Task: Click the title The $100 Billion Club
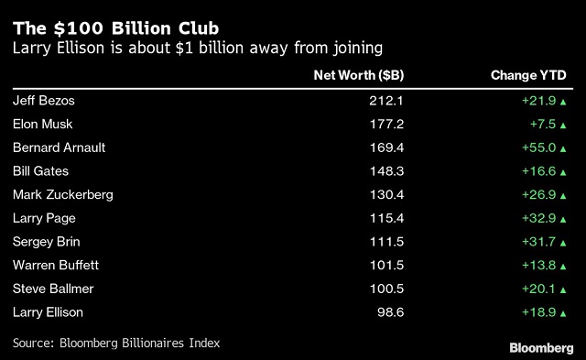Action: point(116,28)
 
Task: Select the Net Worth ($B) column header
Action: point(359,75)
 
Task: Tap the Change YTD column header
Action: point(528,75)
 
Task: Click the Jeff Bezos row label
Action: point(44,101)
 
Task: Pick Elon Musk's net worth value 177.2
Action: point(386,124)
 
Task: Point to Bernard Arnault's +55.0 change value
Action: point(539,147)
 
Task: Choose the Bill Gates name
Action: point(40,171)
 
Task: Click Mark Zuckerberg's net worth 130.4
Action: point(386,195)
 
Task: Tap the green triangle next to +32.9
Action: point(563,220)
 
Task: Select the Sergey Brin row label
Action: point(47,242)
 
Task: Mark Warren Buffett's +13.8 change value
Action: point(539,266)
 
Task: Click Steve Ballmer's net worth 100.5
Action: point(386,289)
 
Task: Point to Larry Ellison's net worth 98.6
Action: point(391,312)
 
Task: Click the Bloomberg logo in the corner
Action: point(541,348)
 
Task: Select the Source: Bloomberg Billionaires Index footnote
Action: point(116,344)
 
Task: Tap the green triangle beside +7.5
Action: point(563,125)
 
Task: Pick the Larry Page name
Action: point(44,218)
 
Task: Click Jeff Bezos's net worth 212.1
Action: point(386,101)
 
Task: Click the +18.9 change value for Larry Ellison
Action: point(539,312)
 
